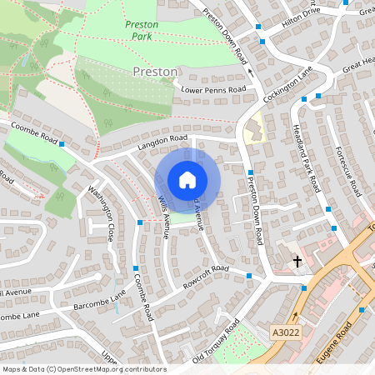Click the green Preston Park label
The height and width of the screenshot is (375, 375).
click(142, 31)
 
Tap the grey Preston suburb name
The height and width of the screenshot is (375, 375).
click(155, 72)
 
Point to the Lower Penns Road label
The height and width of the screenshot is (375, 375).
click(213, 89)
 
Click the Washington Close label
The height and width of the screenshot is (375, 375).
click(101, 213)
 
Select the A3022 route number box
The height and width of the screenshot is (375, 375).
click(285, 332)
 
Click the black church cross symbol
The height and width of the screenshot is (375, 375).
click(297, 262)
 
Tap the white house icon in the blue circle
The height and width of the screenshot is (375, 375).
click(187, 180)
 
